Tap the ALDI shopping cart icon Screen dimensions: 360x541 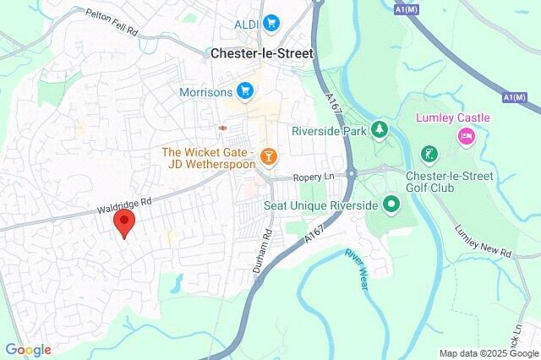click(270, 23)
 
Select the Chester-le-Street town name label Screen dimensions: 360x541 click(261, 53)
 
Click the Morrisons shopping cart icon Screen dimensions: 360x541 click(245, 90)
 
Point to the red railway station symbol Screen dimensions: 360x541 click(223, 127)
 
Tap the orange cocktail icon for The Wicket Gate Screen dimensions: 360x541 click(269, 155)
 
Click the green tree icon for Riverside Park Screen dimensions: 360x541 click(381, 130)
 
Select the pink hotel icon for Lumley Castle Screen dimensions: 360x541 click(465, 136)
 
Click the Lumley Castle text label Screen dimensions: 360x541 click(446, 117)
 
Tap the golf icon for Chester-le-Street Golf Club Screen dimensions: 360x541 click(429, 155)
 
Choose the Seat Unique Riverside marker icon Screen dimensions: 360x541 click(391, 203)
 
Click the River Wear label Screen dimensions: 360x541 click(358, 270)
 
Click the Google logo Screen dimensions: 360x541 click(28, 350)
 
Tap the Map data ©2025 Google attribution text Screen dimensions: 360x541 click(489, 353)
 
